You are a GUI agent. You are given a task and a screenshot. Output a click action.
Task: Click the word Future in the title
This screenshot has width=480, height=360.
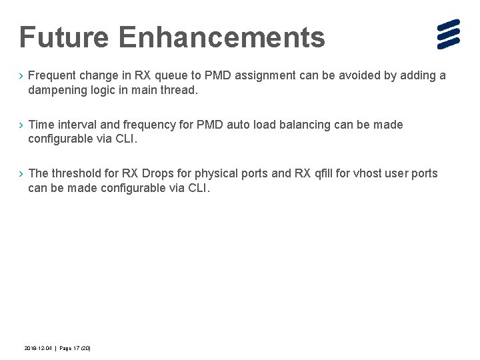click(64, 37)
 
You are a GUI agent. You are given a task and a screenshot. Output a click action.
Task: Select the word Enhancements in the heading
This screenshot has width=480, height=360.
click(222, 37)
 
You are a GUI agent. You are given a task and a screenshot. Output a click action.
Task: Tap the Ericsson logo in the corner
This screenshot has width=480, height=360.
click(449, 35)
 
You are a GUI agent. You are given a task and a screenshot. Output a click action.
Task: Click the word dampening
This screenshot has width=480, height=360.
click(58, 90)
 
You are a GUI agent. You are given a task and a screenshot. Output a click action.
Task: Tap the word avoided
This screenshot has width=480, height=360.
click(355, 75)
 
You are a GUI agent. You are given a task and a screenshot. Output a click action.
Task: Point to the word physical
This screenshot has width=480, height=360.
click(217, 173)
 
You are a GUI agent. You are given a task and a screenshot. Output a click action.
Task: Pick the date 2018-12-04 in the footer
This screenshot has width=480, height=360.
click(37, 349)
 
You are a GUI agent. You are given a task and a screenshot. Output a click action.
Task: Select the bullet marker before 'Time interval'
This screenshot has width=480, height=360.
click(21, 125)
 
